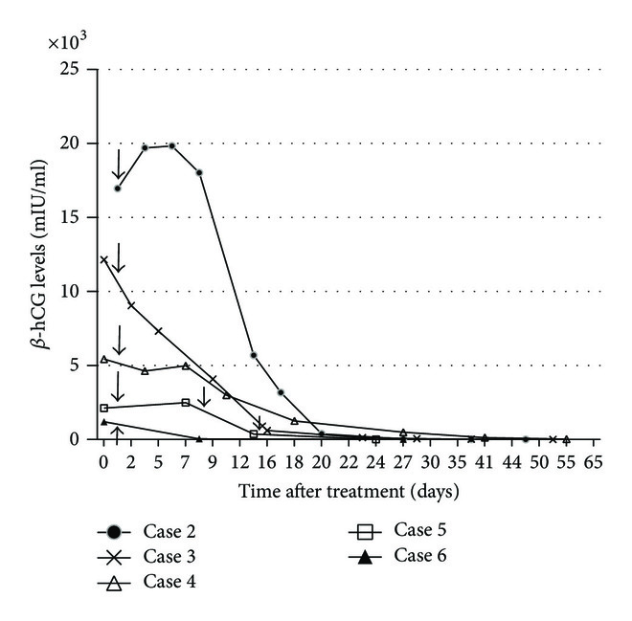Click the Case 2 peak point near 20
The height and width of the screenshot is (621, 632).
pos(171,145)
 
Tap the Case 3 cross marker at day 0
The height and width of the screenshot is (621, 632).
pos(104,259)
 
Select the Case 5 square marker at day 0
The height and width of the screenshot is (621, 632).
pos(104,408)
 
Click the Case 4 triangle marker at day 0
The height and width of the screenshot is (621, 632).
pos(104,360)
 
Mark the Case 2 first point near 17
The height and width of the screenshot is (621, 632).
pos(118,188)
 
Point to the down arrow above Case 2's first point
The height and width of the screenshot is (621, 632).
pos(118,164)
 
